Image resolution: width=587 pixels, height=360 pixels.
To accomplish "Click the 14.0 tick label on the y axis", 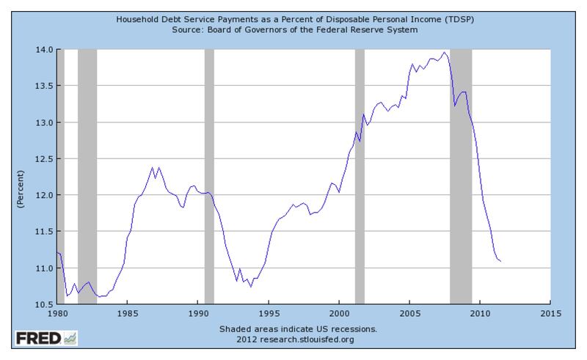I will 42,49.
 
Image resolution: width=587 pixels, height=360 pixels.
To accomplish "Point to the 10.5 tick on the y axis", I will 42,304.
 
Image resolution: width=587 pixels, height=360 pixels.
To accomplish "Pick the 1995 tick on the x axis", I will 269,313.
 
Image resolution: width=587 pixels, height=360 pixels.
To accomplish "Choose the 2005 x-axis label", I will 409,313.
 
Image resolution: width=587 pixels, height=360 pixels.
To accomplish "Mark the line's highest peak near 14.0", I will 443,52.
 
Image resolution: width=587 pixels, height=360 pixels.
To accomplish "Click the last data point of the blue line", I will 500,261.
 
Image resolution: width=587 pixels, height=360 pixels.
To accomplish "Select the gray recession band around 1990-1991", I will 209,176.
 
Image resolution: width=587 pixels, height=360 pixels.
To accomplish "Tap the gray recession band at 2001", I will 360,176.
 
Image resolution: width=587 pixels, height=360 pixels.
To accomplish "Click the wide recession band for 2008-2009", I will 460,176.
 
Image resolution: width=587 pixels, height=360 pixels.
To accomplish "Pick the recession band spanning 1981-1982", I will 87,176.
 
